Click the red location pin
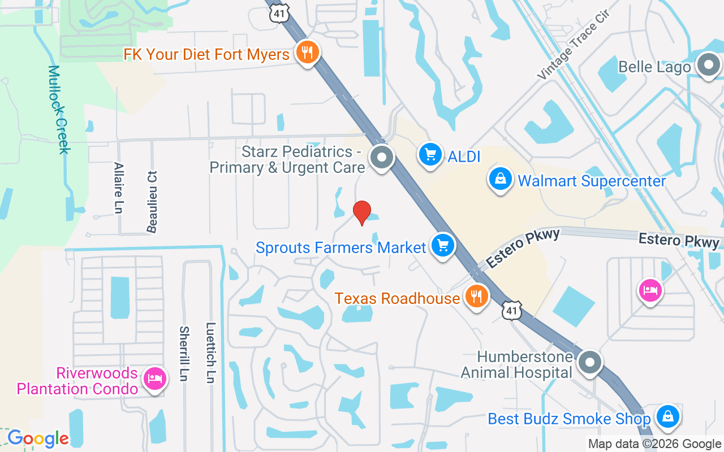pyautogui.click(x=362, y=213)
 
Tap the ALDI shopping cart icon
pyautogui.click(x=430, y=154)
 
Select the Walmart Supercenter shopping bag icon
pyautogui.click(x=501, y=180)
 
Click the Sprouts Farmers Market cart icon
pyautogui.click(x=443, y=246)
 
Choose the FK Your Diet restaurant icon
pyautogui.click(x=307, y=53)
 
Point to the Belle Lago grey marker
pyautogui.click(x=708, y=66)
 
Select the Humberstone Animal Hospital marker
pyautogui.click(x=590, y=362)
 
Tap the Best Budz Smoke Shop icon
pyautogui.click(x=667, y=417)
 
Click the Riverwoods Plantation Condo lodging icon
pyautogui.click(x=154, y=379)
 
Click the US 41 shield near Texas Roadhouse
pyautogui.click(x=511, y=310)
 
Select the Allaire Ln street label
pyautogui.click(x=118, y=188)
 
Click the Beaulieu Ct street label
pyautogui.click(x=152, y=202)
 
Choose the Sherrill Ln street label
pyautogui.click(x=184, y=353)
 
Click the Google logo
pyautogui.click(x=38, y=438)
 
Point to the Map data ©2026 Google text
pyautogui.click(x=654, y=444)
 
